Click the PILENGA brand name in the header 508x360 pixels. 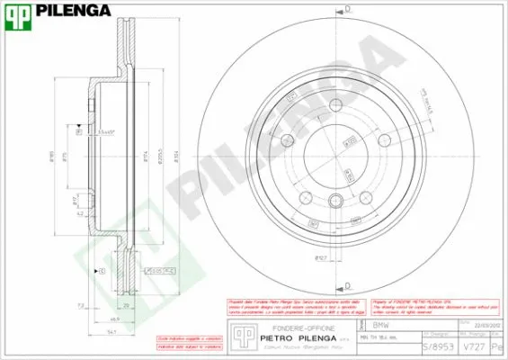[73, 11]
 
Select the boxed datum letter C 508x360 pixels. [102, 271]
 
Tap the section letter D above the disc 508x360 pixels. [347, 8]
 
